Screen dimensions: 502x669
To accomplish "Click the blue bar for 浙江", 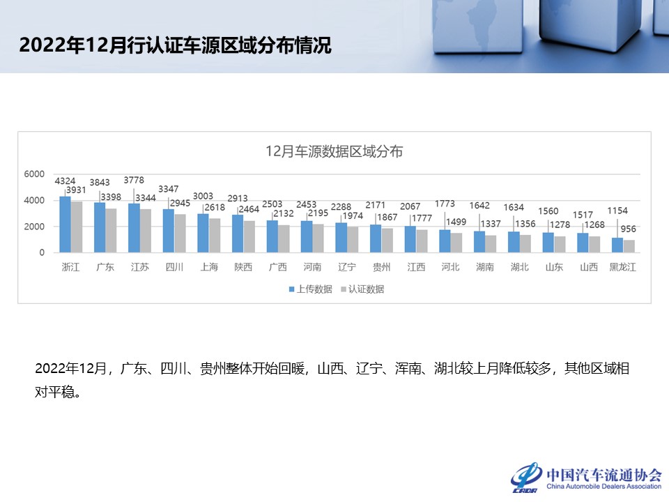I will coord(65,225).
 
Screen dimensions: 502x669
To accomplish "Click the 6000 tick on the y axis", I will coord(35,174).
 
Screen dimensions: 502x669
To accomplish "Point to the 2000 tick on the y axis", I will coord(35,227).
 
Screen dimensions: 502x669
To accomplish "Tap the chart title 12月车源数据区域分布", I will coord(334,151).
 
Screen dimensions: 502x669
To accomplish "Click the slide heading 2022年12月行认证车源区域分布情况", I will coord(175,46).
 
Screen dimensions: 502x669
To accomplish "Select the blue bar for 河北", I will coord(445,241).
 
